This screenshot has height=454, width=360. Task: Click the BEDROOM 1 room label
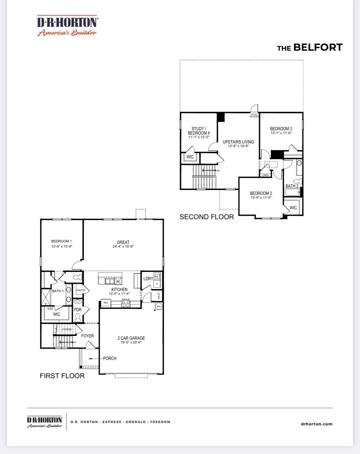click(61, 241)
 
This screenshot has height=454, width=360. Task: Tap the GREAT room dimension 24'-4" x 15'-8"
click(123, 247)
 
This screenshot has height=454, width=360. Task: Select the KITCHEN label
click(119, 290)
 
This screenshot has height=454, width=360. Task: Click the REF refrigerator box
click(106, 303)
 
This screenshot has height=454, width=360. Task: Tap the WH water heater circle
click(159, 306)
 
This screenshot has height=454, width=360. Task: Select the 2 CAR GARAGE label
click(131, 338)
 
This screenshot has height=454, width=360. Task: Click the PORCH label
click(110, 358)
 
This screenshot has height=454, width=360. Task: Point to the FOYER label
click(87, 336)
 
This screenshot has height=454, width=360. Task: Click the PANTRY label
click(81, 290)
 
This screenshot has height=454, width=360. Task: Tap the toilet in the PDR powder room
click(78, 318)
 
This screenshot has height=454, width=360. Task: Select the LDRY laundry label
click(148, 279)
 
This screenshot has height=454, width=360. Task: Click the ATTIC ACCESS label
click(254, 116)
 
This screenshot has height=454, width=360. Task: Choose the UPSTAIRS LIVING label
click(238, 142)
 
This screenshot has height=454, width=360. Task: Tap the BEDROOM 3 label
click(281, 129)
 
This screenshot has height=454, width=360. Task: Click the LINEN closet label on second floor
click(266, 175)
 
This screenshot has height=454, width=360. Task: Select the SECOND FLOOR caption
click(207, 217)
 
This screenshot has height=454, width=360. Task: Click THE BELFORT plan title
click(310, 47)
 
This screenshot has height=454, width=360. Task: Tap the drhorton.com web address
click(317, 424)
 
